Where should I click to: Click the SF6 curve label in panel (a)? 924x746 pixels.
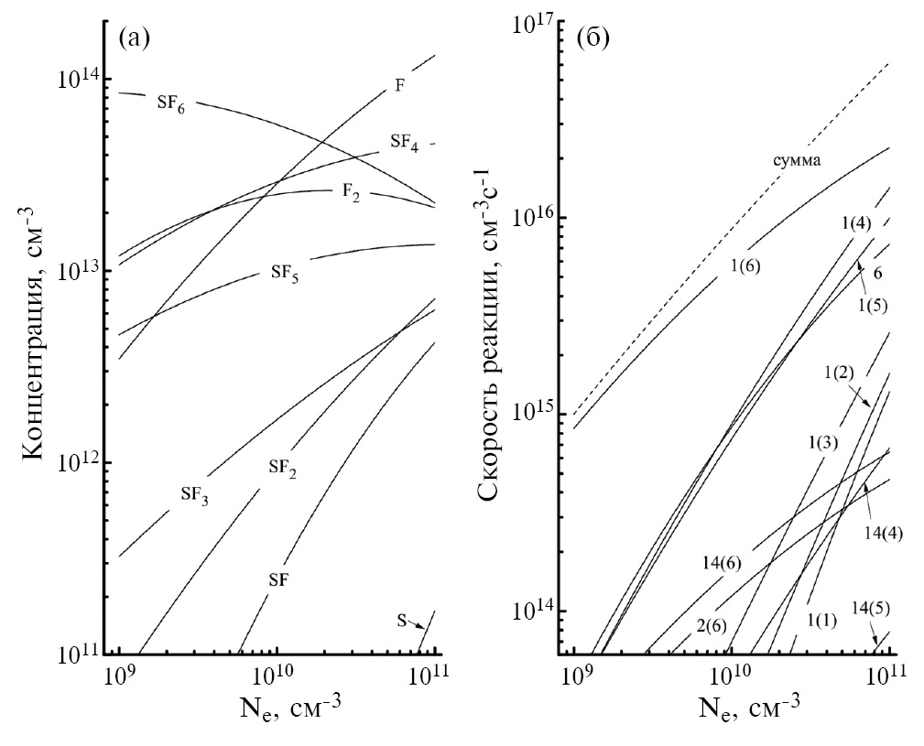pyautogui.click(x=169, y=104)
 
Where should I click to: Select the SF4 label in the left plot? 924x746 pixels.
pyautogui.click(x=404, y=143)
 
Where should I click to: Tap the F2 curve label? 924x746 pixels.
pyautogui.click(x=351, y=193)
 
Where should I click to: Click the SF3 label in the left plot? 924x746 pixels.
pyautogui.click(x=193, y=495)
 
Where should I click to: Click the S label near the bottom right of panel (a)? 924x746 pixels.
pyautogui.click(x=401, y=620)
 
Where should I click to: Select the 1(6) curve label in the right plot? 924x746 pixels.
pyautogui.click(x=745, y=266)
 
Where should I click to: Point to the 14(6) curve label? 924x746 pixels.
pyautogui.click(x=722, y=564)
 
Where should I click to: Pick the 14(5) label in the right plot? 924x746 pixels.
pyautogui.click(x=869, y=607)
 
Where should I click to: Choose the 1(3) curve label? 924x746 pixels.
pyautogui.click(x=822, y=443)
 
